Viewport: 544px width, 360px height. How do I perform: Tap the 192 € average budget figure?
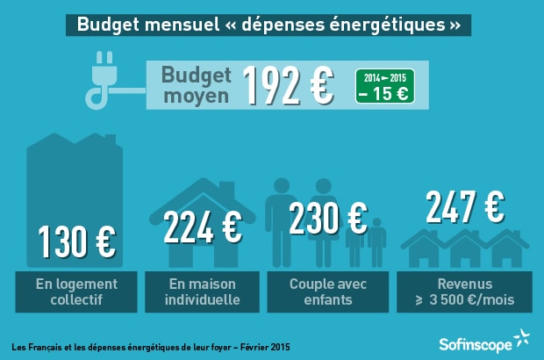point(287,84)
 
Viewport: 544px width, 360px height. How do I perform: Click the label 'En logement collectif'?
point(77,292)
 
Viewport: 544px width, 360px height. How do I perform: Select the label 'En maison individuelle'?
point(203,292)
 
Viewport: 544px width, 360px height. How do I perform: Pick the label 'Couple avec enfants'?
point(328,292)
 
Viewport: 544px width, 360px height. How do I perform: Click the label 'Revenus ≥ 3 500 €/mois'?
point(464,292)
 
